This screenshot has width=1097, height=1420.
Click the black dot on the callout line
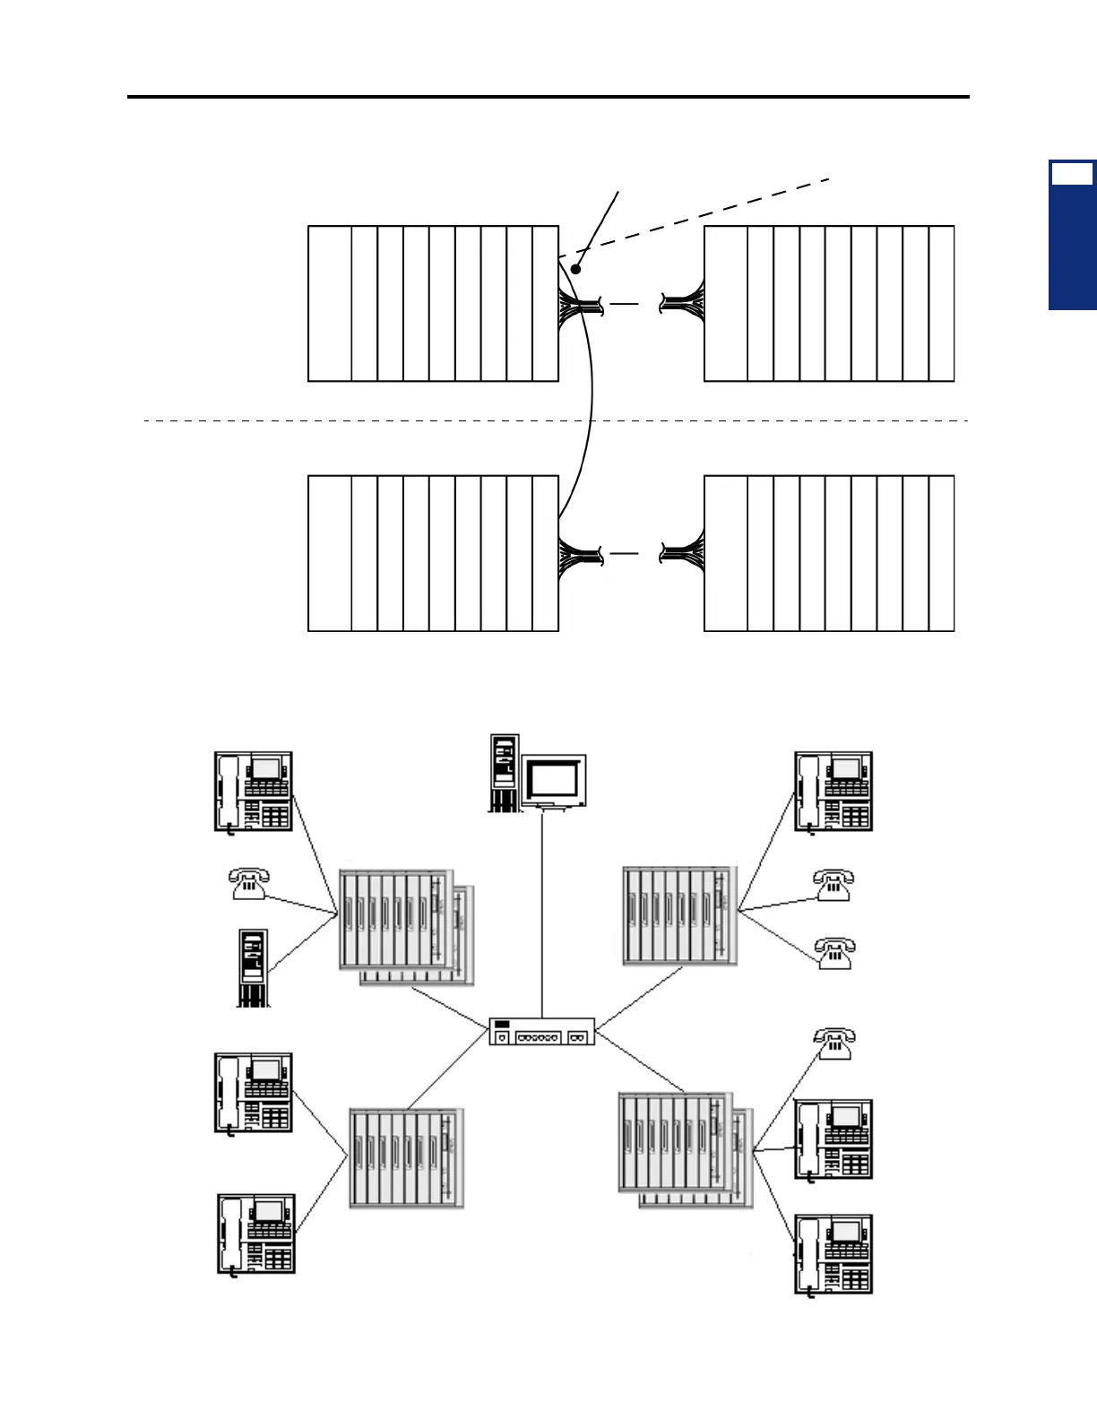click(x=576, y=268)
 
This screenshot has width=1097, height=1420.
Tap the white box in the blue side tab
click(x=1072, y=175)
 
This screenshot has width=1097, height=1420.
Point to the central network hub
click(x=542, y=1032)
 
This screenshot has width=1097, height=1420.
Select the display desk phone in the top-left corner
click(x=254, y=792)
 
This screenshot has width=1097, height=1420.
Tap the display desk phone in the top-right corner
click(x=834, y=792)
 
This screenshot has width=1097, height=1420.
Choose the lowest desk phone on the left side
click(x=256, y=1234)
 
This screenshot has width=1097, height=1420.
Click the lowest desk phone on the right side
click(x=834, y=1253)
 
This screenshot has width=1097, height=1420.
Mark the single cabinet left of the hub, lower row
click(x=406, y=1159)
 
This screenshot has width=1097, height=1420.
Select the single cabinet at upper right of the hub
click(x=679, y=915)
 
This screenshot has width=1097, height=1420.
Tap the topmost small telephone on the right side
click(x=834, y=884)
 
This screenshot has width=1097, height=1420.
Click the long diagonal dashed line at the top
click(x=699, y=218)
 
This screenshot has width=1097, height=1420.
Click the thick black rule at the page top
click(x=548, y=96)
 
